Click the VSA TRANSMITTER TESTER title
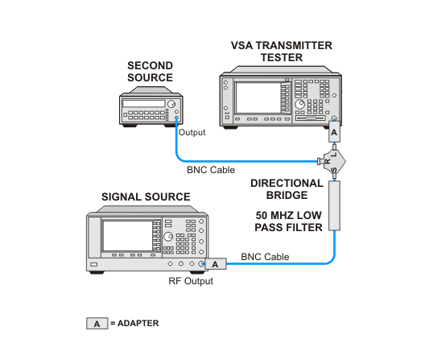coord(282,52)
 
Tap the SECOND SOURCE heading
coord(150,72)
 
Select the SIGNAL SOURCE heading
coord(146,197)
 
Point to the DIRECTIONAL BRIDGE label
coord(287,189)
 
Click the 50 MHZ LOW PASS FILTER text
coord(288,221)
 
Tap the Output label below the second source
coord(192,133)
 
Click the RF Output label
coord(191,281)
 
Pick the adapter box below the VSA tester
coord(334,132)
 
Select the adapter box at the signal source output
coord(216,264)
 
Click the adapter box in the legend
coord(97,324)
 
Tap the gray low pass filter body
coord(334,205)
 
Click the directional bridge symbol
coord(333,162)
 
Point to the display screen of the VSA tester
coord(258,98)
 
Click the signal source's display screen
coord(127,236)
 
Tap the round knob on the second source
coord(171,104)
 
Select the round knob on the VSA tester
coord(300,104)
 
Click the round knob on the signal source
coord(168,237)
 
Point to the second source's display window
coord(143,103)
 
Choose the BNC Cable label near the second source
coord(211,170)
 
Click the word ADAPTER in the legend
coord(138,323)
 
